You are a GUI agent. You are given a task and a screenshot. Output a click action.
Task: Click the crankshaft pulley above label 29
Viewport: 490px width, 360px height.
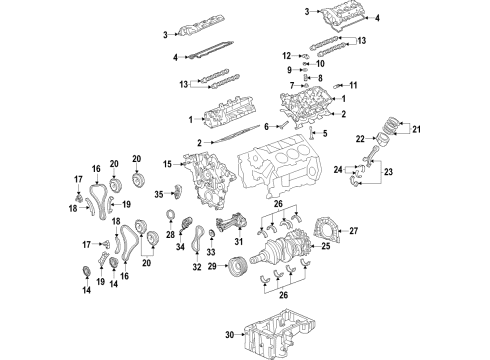pyautogui.click(x=237, y=268)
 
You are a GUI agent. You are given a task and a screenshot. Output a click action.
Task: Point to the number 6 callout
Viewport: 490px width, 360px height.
pyautogui.click(x=266, y=126)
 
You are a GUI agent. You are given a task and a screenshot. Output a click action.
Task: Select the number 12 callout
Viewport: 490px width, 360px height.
pyautogui.click(x=285, y=55)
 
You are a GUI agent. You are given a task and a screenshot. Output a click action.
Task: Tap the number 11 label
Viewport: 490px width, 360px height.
pyautogui.click(x=352, y=86)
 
